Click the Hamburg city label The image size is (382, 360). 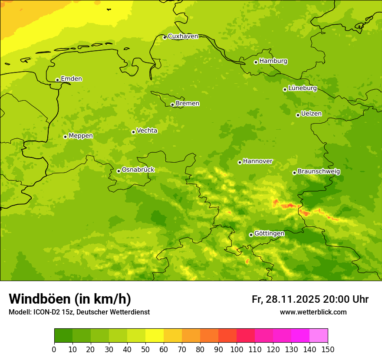tap(273, 61)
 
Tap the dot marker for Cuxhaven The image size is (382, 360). tap(165, 37)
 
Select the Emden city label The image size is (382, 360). tap(71, 79)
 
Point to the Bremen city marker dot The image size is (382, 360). tap(172, 105)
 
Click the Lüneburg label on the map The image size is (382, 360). tap(302, 88)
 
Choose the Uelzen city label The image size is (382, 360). tap(311, 114)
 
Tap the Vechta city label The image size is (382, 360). tap(147, 131)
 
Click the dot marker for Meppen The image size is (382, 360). tap(65, 137)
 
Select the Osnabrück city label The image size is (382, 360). tap(138, 170)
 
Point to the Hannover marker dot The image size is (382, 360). tap(240, 162)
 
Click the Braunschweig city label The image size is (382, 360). tap(319, 171)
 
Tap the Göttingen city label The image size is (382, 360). tap(269, 233)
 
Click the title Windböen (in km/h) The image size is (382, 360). tap(70, 299)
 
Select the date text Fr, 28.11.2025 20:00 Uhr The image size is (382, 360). tap(310, 299)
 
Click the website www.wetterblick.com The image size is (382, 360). tap(313, 312)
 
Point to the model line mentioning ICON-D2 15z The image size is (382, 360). tap(79, 312)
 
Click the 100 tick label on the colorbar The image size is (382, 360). tap(237, 349)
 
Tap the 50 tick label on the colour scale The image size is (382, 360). tap(145, 349)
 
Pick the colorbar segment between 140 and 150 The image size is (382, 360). tap(319, 336)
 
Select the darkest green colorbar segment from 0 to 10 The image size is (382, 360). tap(63, 336)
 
